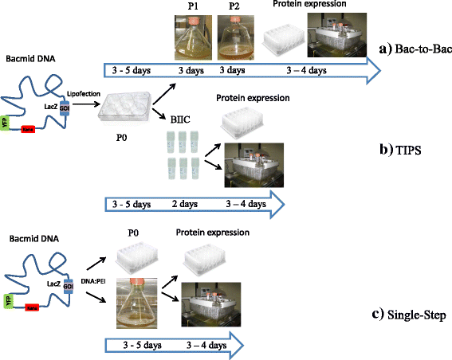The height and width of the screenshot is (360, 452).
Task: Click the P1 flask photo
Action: coord(191,37)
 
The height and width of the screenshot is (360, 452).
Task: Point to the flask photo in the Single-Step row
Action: coord(142,296)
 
